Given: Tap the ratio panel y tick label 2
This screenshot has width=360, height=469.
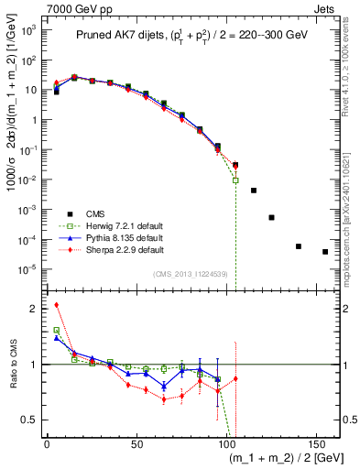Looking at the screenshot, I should pos(33,309).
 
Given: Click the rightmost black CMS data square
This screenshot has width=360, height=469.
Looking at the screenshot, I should pos(325,252).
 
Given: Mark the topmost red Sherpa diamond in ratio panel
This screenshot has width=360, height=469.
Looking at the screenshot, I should pos(56,305).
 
